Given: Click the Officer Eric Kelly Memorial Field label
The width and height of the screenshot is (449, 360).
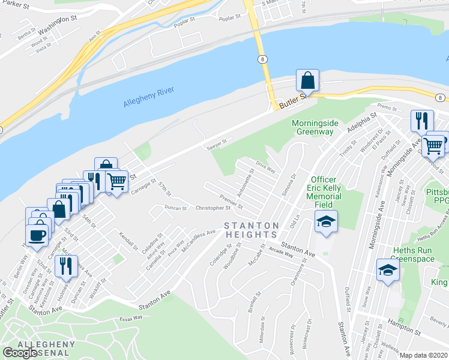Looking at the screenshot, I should (326, 192).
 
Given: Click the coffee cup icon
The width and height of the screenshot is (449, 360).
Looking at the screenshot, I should (38, 234).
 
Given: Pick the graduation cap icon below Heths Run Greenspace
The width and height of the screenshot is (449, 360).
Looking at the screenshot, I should (388, 272).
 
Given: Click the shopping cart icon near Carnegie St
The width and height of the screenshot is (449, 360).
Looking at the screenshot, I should (117, 181).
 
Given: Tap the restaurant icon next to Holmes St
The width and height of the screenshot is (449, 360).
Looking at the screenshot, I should (66, 265).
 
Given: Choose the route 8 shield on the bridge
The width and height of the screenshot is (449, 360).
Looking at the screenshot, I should (262, 59).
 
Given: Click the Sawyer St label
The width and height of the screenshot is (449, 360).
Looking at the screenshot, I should (215, 143).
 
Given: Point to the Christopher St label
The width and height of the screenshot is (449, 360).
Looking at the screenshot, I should (213, 208).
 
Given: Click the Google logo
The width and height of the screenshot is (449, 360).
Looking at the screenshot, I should (20, 352).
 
